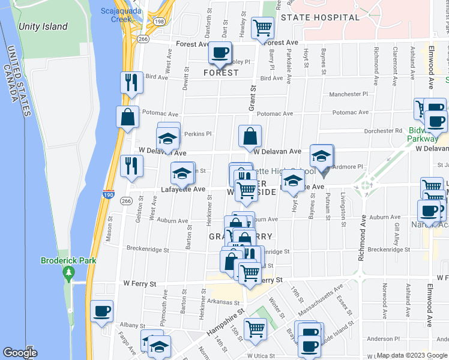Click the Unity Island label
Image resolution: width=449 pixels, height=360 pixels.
pos(43,26)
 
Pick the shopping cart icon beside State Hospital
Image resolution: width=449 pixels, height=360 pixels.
pos(263,27)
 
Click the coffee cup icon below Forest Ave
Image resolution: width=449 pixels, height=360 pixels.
pos(220,53)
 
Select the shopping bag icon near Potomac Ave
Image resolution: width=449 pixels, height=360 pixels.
pos(128,117)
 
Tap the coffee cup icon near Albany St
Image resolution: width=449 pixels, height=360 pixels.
pos(101,311)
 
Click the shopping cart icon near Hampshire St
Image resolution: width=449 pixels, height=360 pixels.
pos(255,329)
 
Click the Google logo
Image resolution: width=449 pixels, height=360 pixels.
pos(20,353)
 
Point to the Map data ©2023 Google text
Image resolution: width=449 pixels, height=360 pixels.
pos(412,355)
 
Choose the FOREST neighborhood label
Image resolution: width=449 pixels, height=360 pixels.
pos(221,73)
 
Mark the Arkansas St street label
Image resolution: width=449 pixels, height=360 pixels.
pos(224,302)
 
